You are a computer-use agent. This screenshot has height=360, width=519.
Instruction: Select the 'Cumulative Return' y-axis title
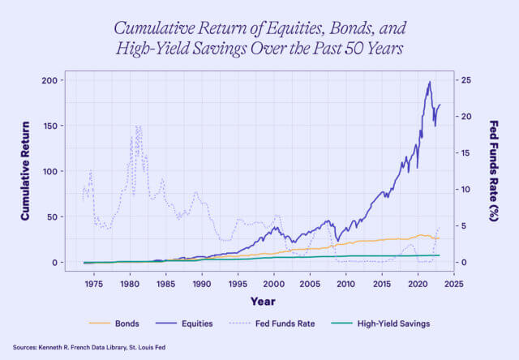(x=25, y=171)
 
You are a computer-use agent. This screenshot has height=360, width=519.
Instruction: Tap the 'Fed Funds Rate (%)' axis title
(x=494, y=171)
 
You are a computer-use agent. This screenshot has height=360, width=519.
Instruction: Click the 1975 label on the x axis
(x=93, y=285)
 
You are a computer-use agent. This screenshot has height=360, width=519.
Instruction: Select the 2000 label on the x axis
(x=274, y=285)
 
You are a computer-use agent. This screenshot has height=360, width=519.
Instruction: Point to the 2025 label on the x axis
(x=454, y=285)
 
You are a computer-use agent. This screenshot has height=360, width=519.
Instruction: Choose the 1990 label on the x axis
(x=202, y=285)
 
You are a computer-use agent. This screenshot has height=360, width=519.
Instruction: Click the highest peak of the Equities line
(x=429, y=81)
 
